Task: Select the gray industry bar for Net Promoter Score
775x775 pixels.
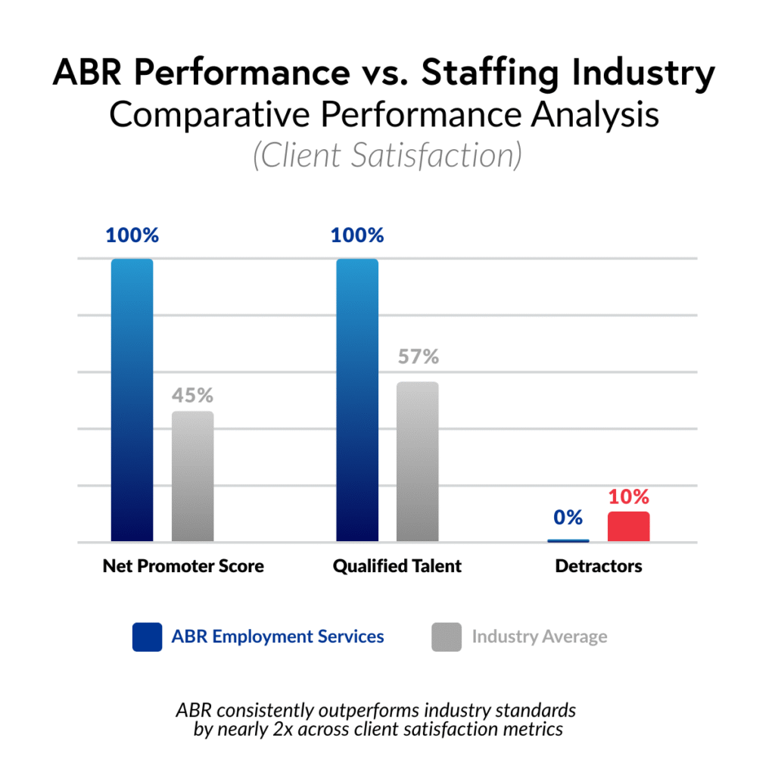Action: pyautogui.click(x=192, y=476)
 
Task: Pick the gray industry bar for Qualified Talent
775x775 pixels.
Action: pyautogui.click(x=418, y=462)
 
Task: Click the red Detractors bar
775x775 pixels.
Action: pyautogui.click(x=628, y=527)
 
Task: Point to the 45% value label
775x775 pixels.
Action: pyautogui.click(x=192, y=395)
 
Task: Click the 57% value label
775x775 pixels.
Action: pyautogui.click(x=419, y=356)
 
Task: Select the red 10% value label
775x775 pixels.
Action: pyautogui.click(x=629, y=497)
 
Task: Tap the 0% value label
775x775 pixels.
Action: pyautogui.click(x=568, y=518)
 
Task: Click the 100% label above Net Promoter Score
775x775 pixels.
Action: pyautogui.click(x=132, y=235)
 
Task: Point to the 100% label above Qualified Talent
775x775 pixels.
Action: pyautogui.click(x=357, y=235)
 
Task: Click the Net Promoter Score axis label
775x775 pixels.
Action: pyautogui.click(x=183, y=566)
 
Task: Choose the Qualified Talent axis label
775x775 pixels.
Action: pyautogui.click(x=397, y=566)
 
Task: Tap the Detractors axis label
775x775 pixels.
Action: pyautogui.click(x=598, y=566)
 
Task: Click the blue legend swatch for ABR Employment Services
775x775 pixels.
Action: pyautogui.click(x=146, y=636)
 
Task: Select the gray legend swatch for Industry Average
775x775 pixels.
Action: pyautogui.click(x=447, y=636)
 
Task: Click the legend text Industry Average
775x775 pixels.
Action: pyautogui.click(x=540, y=636)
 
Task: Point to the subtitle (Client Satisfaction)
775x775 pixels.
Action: pyautogui.click(x=387, y=155)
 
